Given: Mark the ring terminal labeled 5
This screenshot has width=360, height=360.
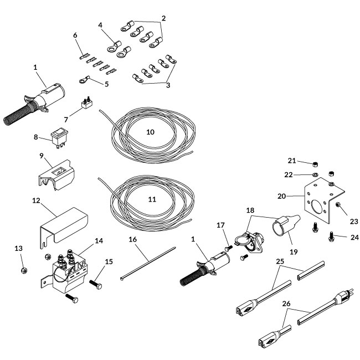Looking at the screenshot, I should click(84, 80).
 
